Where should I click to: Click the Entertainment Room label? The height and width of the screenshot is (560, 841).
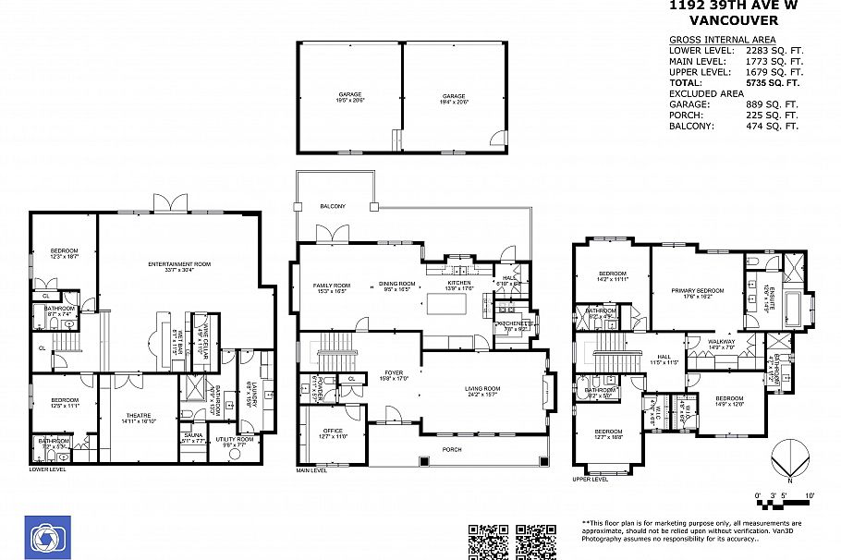pyautogui.click(x=179, y=264)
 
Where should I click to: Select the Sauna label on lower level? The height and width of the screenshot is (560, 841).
pyautogui.click(x=193, y=434)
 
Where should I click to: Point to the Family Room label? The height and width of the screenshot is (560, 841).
pyautogui.click(x=332, y=286)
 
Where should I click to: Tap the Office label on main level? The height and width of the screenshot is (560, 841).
pyautogui.click(x=334, y=432)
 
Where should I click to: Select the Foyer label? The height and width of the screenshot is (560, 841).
pyautogui.click(x=394, y=373)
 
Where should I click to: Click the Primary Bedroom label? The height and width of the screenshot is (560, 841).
pyautogui.click(x=698, y=290)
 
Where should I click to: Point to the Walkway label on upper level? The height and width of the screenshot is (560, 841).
pyautogui.click(x=721, y=342)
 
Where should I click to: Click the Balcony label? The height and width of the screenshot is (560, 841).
pyautogui.click(x=333, y=206)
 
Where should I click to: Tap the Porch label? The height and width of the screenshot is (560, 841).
pyautogui.click(x=452, y=449)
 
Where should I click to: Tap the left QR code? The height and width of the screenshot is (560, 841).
pyautogui.click(x=488, y=542)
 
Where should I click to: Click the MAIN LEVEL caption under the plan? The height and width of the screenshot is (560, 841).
pyautogui.click(x=311, y=470)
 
